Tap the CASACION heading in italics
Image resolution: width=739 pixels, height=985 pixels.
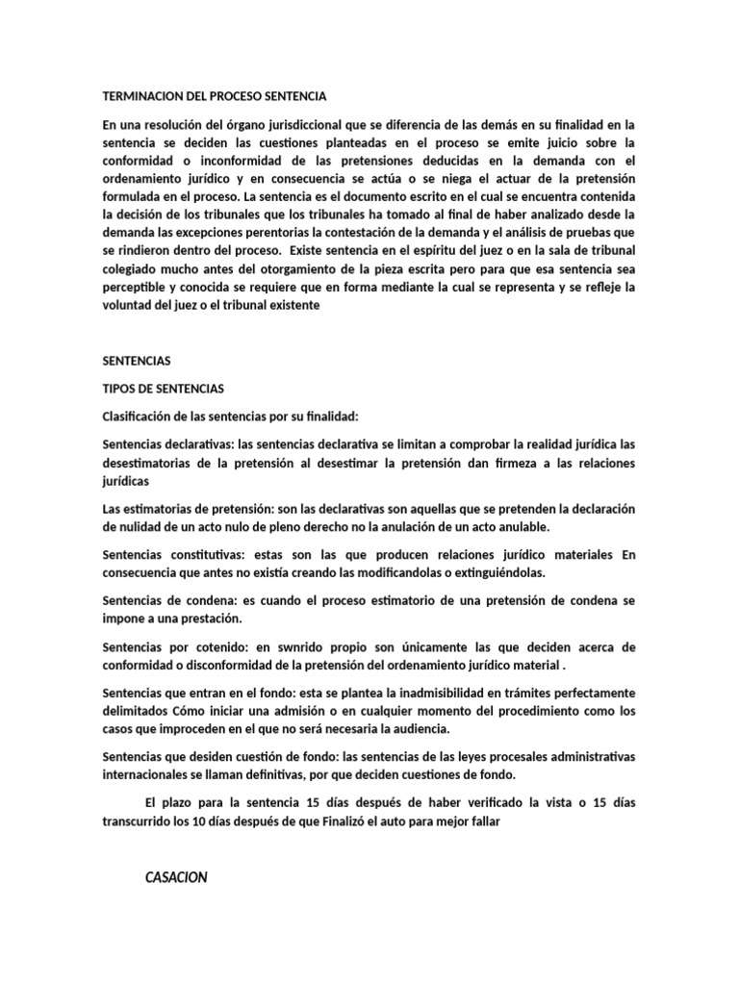tap(177, 877)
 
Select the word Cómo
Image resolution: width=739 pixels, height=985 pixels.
tap(189, 711)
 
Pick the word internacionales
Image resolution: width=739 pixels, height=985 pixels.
tap(148, 774)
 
